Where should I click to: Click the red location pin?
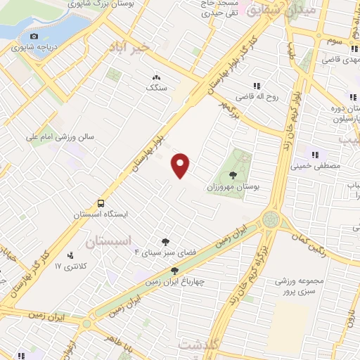(181, 165)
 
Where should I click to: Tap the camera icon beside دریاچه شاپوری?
(34, 36)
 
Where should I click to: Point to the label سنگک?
(156, 88)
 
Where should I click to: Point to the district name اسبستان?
(108, 241)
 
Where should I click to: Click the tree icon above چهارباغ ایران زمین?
(174, 271)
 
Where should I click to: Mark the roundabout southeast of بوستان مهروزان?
(271, 220)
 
